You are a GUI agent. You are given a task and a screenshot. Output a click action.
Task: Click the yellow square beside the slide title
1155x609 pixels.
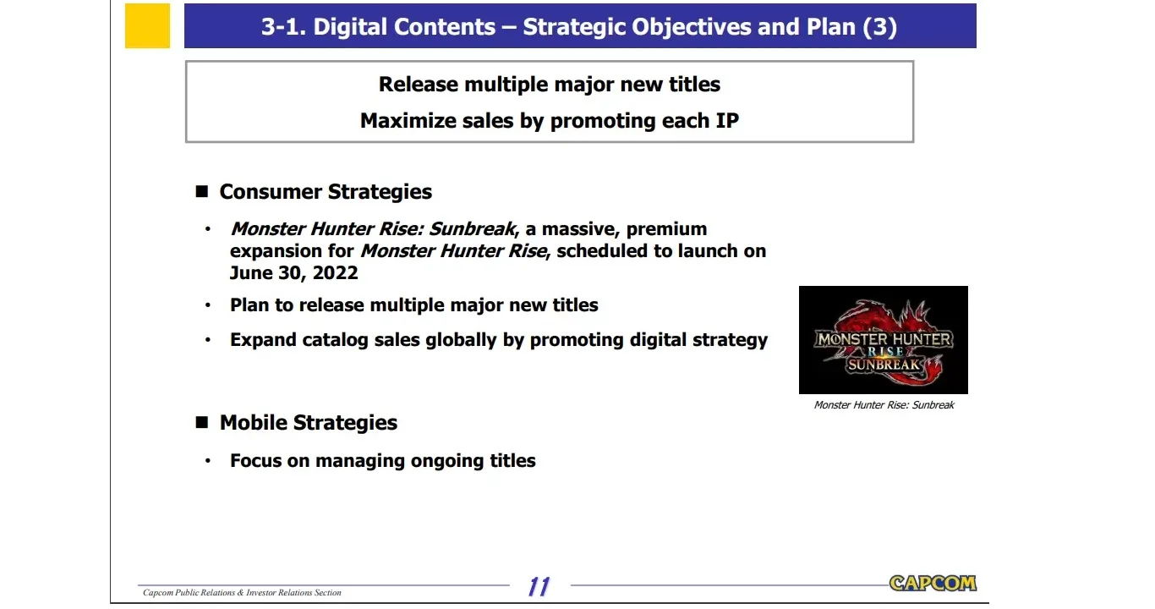coord(147,25)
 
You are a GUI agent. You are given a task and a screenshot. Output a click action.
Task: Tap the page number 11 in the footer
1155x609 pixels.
coord(539,587)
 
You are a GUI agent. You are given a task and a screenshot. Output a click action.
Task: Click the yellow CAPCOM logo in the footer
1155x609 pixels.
coord(933,584)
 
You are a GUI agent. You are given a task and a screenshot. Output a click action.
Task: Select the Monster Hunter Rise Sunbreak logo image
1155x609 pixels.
coord(884,340)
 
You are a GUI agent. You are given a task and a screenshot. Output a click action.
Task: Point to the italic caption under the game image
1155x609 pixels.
coord(884,405)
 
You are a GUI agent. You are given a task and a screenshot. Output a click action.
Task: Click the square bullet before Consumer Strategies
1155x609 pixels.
coord(201,192)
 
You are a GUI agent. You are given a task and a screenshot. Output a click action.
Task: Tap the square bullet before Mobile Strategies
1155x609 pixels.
coord(201,422)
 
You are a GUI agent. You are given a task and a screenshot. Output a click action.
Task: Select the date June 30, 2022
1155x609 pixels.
coord(294,273)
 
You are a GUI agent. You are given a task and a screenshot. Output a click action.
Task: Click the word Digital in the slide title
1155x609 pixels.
coord(349,27)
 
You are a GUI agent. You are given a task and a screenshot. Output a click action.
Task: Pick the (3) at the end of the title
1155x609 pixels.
coord(880,27)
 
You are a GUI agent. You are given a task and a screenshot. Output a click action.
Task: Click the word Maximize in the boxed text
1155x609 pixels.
coord(407,121)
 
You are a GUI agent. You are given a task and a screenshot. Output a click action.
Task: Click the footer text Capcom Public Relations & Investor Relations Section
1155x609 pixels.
coord(242,592)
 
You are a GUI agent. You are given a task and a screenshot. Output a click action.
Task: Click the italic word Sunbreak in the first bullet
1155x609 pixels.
coord(473,228)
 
